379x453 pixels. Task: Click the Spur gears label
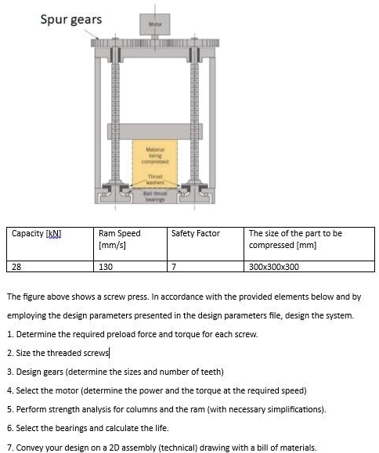(x=70, y=19)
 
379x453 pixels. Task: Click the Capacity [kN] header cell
(x=37, y=233)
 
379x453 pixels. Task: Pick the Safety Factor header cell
(x=196, y=233)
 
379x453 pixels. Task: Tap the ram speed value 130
(x=106, y=266)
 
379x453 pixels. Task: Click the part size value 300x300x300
(x=273, y=266)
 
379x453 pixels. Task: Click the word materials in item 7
(x=298, y=446)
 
